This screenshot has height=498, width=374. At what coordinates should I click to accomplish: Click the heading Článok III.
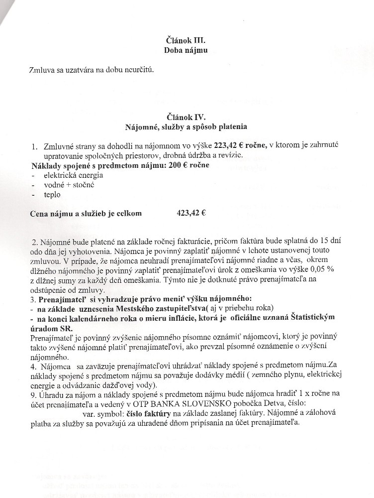tap(184, 40)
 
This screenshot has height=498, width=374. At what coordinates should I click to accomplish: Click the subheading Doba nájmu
tap(184, 50)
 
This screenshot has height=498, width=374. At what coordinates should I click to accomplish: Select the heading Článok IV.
tap(184, 117)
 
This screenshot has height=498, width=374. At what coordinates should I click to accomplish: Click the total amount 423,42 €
tap(191, 213)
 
